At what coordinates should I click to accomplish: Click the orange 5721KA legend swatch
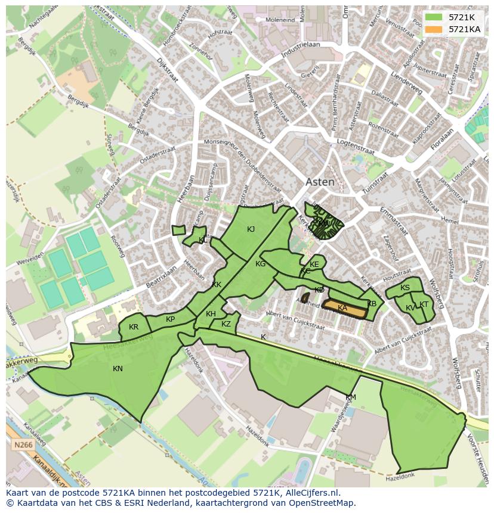[x=434, y=29]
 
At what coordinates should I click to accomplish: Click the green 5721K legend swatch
[x=434, y=17]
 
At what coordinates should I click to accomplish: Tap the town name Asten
[x=320, y=182]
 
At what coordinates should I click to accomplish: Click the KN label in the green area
[x=118, y=369]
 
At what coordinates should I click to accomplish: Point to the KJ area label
[x=251, y=229]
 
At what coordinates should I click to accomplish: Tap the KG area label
[x=260, y=264]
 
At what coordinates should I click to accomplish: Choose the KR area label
[x=134, y=327]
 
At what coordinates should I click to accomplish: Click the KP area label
[x=171, y=319]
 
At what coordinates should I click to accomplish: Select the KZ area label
[x=226, y=324]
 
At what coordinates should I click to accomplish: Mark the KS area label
[x=405, y=288]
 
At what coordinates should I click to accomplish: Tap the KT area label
[x=424, y=304]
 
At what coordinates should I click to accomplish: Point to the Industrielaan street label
[x=301, y=52]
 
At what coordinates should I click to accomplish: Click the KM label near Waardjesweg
[x=350, y=397]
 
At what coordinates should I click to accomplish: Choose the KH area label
[x=211, y=314]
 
